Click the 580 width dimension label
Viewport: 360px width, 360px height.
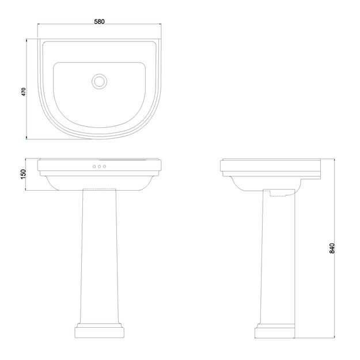[99, 21]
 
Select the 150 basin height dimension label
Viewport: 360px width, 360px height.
[24, 175]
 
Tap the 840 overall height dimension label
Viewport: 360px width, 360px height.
[332, 248]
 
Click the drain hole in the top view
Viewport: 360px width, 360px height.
[100, 81]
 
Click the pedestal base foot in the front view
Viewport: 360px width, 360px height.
[99, 332]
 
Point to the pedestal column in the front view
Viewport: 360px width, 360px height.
[99, 253]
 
